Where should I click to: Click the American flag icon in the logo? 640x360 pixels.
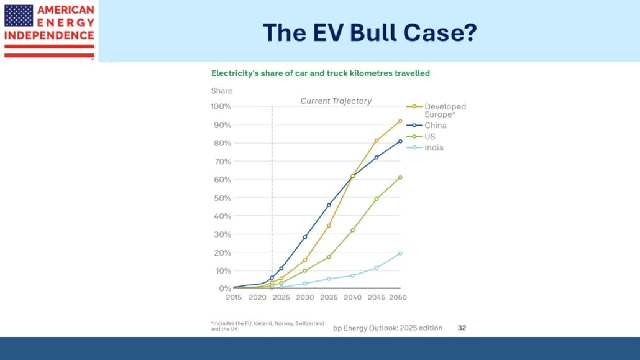[x=19, y=16]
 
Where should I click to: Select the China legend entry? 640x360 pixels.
[x=435, y=126]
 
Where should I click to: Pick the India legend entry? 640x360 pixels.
[x=434, y=148]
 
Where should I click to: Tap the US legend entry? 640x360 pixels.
[x=430, y=137]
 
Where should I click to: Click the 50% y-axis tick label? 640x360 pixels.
[x=222, y=198]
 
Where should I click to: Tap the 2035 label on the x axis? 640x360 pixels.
[x=328, y=298]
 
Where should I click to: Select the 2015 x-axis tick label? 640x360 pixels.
[x=234, y=298]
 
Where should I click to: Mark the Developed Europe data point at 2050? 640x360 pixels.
[x=400, y=121]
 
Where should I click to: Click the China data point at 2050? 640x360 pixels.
[x=400, y=141]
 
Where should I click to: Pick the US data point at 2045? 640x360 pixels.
[x=376, y=199]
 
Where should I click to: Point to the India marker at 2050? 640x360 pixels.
[x=400, y=253]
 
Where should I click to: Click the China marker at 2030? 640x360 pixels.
[x=305, y=237]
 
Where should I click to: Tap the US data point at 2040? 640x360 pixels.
[x=352, y=230]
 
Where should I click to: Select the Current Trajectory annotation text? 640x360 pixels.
[x=336, y=101]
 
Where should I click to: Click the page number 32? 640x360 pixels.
[x=462, y=327]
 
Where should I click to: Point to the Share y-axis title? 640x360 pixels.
[x=221, y=91]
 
